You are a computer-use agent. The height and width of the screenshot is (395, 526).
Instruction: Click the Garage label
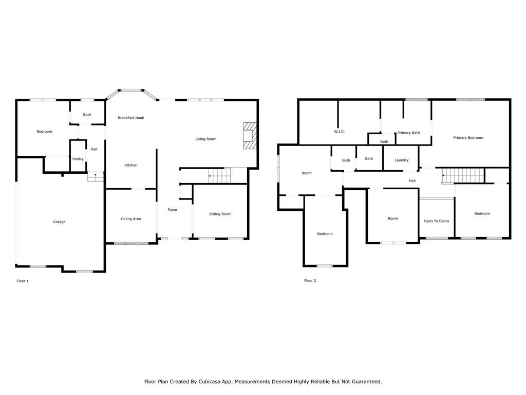[59, 222]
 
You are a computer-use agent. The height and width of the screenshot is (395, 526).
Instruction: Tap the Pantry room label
[78, 159]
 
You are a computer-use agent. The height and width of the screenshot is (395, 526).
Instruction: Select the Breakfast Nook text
[131, 118]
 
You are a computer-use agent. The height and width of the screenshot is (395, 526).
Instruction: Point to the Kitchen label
[131, 165]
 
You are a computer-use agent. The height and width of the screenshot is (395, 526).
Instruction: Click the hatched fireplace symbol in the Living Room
[249, 135]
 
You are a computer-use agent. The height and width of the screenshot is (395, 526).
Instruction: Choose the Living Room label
[205, 139]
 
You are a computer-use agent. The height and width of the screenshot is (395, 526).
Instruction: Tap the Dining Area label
[131, 219]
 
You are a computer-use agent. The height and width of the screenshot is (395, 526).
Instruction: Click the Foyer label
[173, 210]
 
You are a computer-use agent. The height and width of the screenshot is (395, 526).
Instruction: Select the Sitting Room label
[220, 214]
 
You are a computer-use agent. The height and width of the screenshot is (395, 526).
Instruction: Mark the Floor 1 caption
[23, 281]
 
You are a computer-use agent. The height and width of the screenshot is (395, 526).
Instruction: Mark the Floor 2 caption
[310, 281]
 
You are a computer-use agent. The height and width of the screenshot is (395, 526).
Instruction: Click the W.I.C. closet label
[339, 132]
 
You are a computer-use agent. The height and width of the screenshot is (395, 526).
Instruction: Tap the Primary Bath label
[408, 133]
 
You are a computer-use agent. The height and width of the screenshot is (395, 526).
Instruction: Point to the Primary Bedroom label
[468, 138]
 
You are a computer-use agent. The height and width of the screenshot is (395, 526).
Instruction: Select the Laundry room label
[402, 160]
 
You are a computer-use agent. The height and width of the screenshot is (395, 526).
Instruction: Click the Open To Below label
[437, 221]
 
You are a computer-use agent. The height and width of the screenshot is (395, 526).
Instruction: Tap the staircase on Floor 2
[463, 175]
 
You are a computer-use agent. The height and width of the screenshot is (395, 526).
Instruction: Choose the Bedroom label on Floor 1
[44, 132]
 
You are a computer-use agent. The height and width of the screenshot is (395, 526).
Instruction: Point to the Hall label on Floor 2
[412, 181]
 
